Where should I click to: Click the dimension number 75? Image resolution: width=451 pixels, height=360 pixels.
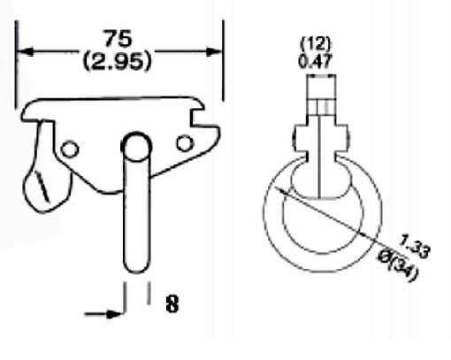[x=118, y=38]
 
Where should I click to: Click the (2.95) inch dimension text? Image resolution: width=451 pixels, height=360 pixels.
[x=118, y=61]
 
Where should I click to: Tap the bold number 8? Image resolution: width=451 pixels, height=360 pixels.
[x=172, y=304]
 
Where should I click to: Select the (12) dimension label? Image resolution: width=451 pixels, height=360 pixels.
[x=316, y=44]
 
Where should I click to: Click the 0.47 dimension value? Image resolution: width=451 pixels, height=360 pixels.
[x=316, y=61]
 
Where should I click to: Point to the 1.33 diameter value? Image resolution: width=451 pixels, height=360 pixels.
[x=415, y=247]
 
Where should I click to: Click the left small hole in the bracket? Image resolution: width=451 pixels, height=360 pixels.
[x=70, y=149]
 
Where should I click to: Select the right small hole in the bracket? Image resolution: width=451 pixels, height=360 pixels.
[x=185, y=143]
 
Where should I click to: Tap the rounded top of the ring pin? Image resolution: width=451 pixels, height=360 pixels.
[x=136, y=146]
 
